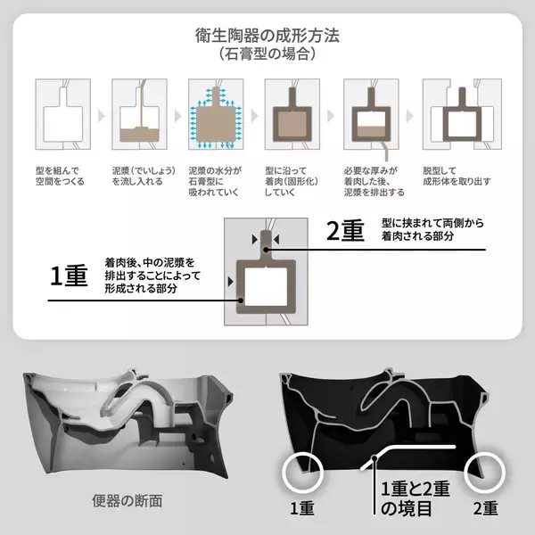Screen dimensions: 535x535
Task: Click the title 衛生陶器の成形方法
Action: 267,36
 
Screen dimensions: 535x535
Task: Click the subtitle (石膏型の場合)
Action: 267,53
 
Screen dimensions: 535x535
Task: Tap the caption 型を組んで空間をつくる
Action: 60,176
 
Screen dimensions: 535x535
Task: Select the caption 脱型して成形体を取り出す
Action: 457,176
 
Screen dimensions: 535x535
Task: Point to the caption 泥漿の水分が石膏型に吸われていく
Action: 215,181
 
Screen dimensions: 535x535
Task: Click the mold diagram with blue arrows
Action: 216,114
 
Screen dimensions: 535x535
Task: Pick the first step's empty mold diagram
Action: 63,114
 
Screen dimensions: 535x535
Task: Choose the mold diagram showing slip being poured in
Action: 140,114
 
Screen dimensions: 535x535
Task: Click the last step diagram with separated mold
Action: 462,114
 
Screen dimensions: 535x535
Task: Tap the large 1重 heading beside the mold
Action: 69,276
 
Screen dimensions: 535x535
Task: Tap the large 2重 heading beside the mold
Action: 345,231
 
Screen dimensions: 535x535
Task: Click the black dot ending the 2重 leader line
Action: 266,250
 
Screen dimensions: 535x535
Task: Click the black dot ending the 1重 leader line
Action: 241,300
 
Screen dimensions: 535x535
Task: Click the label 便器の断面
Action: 128,501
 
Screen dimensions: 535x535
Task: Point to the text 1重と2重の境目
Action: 416,498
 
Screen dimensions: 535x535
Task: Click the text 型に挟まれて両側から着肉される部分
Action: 432,229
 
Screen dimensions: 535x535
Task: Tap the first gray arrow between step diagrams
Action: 102,116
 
